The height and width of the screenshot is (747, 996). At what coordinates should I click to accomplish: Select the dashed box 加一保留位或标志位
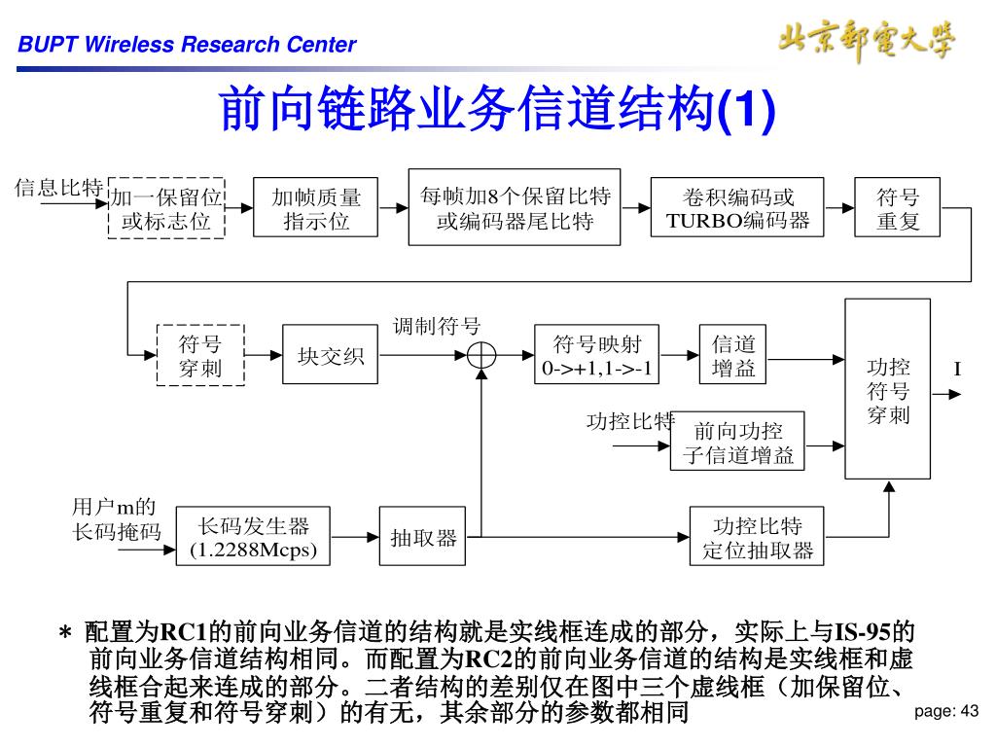point(166,208)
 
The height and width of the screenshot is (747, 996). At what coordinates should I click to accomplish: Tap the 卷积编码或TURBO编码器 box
point(737,208)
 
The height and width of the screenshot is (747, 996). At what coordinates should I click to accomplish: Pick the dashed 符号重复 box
point(898,208)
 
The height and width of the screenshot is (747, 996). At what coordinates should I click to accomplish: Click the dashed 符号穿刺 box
point(200,356)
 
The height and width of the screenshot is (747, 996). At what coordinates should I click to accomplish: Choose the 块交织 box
point(330,356)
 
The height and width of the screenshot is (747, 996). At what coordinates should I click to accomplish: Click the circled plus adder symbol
point(481,356)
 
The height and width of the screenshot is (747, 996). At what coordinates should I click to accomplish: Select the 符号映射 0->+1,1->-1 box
point(597,356)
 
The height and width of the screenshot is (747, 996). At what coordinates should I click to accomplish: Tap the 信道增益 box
point(733,356)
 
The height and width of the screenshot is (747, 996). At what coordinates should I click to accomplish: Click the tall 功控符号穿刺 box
point(887,389)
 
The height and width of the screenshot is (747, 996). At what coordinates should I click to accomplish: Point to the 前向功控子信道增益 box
point(737,443)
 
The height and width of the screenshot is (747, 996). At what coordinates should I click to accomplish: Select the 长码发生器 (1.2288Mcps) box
point(253,537)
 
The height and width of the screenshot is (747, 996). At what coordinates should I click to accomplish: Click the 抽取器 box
point(423,537)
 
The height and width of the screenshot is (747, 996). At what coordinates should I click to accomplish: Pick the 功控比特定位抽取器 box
point(757,537)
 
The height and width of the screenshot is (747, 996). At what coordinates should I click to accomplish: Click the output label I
point(957,369)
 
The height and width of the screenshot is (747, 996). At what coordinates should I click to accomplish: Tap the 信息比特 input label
point(58,188)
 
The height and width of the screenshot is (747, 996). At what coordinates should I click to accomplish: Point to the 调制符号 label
point(436,326)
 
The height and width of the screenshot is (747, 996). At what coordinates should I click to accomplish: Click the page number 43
point(946,712)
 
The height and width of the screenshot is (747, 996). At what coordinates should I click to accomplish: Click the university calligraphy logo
point(866,39)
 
